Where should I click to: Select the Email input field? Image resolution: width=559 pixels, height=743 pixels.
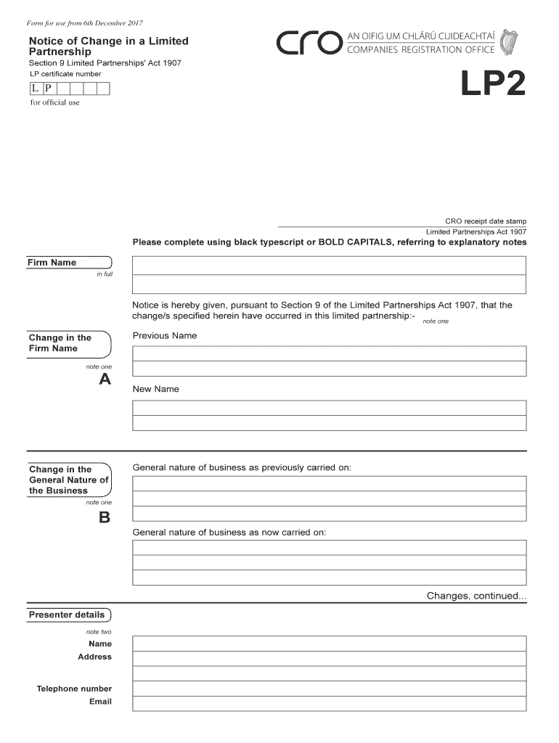(x=329, y=703)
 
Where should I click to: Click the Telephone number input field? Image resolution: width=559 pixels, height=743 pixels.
(x=329, y=689)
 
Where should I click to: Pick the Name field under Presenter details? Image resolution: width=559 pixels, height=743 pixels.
(x=329, y=644)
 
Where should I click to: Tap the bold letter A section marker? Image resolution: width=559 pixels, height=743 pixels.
(x=105, y=379)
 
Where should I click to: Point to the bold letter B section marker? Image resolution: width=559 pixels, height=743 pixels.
(x=105, y=517)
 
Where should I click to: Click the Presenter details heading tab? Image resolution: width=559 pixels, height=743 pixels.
(x=68, y=615)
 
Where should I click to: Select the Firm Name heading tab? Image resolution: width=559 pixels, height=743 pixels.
(x=52, y=263)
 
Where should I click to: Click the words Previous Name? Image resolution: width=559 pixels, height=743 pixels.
(x=165, y=336)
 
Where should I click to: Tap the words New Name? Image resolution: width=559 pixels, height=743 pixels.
(x=155, y=389)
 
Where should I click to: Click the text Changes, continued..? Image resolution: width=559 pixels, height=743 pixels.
(x=476, y=596)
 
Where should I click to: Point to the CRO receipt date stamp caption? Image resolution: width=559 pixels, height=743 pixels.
(x=486, y=221)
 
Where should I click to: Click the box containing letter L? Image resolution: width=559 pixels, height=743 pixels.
(x=35, y=89)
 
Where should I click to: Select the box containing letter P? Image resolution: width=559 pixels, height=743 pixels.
(x=48, y=89)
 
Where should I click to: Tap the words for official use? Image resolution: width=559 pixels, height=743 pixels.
(x=54, y=102)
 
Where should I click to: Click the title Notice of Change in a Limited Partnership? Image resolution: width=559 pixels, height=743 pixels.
(x=108, y=46)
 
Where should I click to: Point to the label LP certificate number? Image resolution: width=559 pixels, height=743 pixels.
(x=65, y=74)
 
